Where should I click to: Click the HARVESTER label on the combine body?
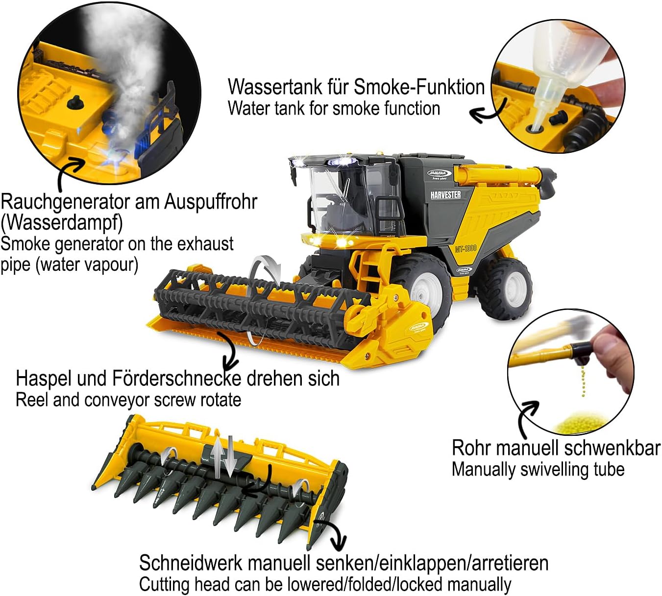point(445,194)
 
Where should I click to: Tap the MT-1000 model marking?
point(466,248)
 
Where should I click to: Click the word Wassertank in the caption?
point(275,87)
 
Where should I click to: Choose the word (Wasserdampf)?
point(61,223)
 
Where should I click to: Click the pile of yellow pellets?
point(581,422)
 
